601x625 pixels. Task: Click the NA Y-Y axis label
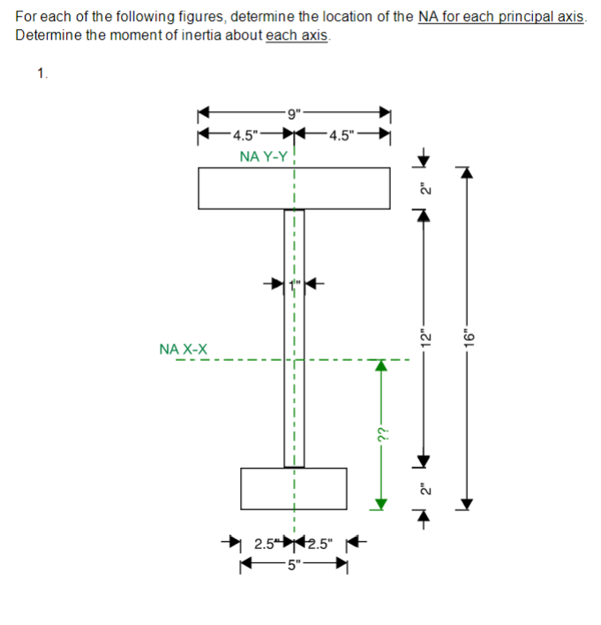[263, 156]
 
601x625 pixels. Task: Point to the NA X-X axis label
[184, 350]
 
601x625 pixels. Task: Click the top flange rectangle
[294, 187]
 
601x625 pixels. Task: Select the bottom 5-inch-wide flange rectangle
[294, 488]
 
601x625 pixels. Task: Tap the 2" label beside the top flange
[424, 188]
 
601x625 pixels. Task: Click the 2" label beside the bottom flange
[424, 488]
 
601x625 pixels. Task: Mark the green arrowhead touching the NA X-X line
[382, 365]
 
